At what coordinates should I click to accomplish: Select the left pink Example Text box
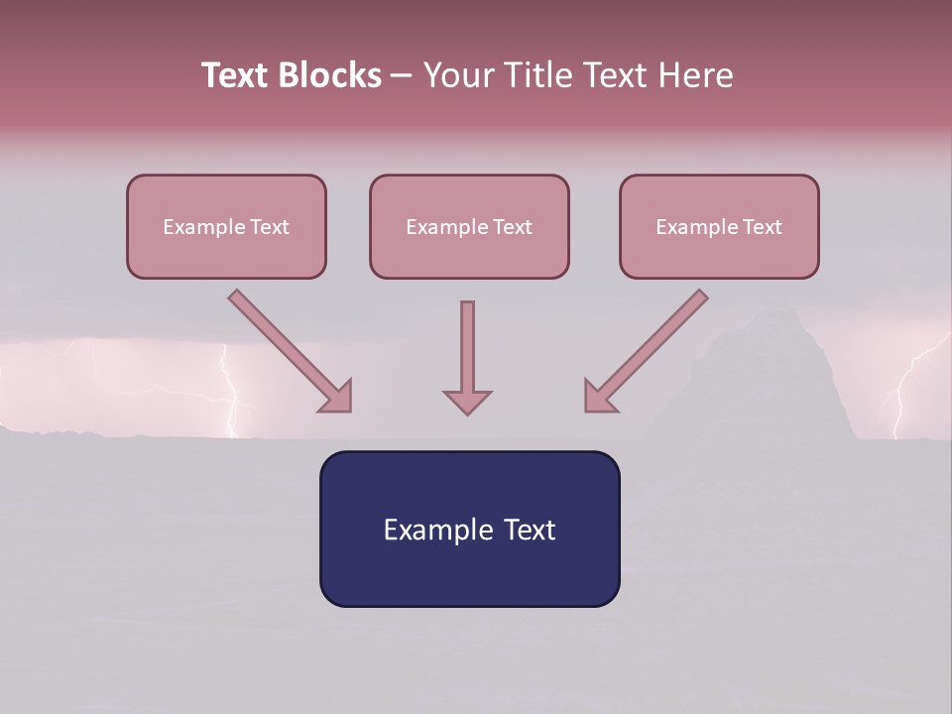[x=226, y=226]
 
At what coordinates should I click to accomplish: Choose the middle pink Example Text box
[x=469, y=226]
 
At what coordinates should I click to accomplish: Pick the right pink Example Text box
[x=719, y=226]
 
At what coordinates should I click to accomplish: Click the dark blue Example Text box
[x=469, y=529]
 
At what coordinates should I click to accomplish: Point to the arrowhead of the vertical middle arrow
[x=467, y=401]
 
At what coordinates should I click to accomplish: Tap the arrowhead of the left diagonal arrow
[x=337, y=398]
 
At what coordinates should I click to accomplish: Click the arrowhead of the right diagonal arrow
[x=600, y=398]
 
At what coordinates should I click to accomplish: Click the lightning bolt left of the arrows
[x=234, y=397]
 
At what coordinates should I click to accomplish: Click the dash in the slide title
[x=402, y=76]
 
